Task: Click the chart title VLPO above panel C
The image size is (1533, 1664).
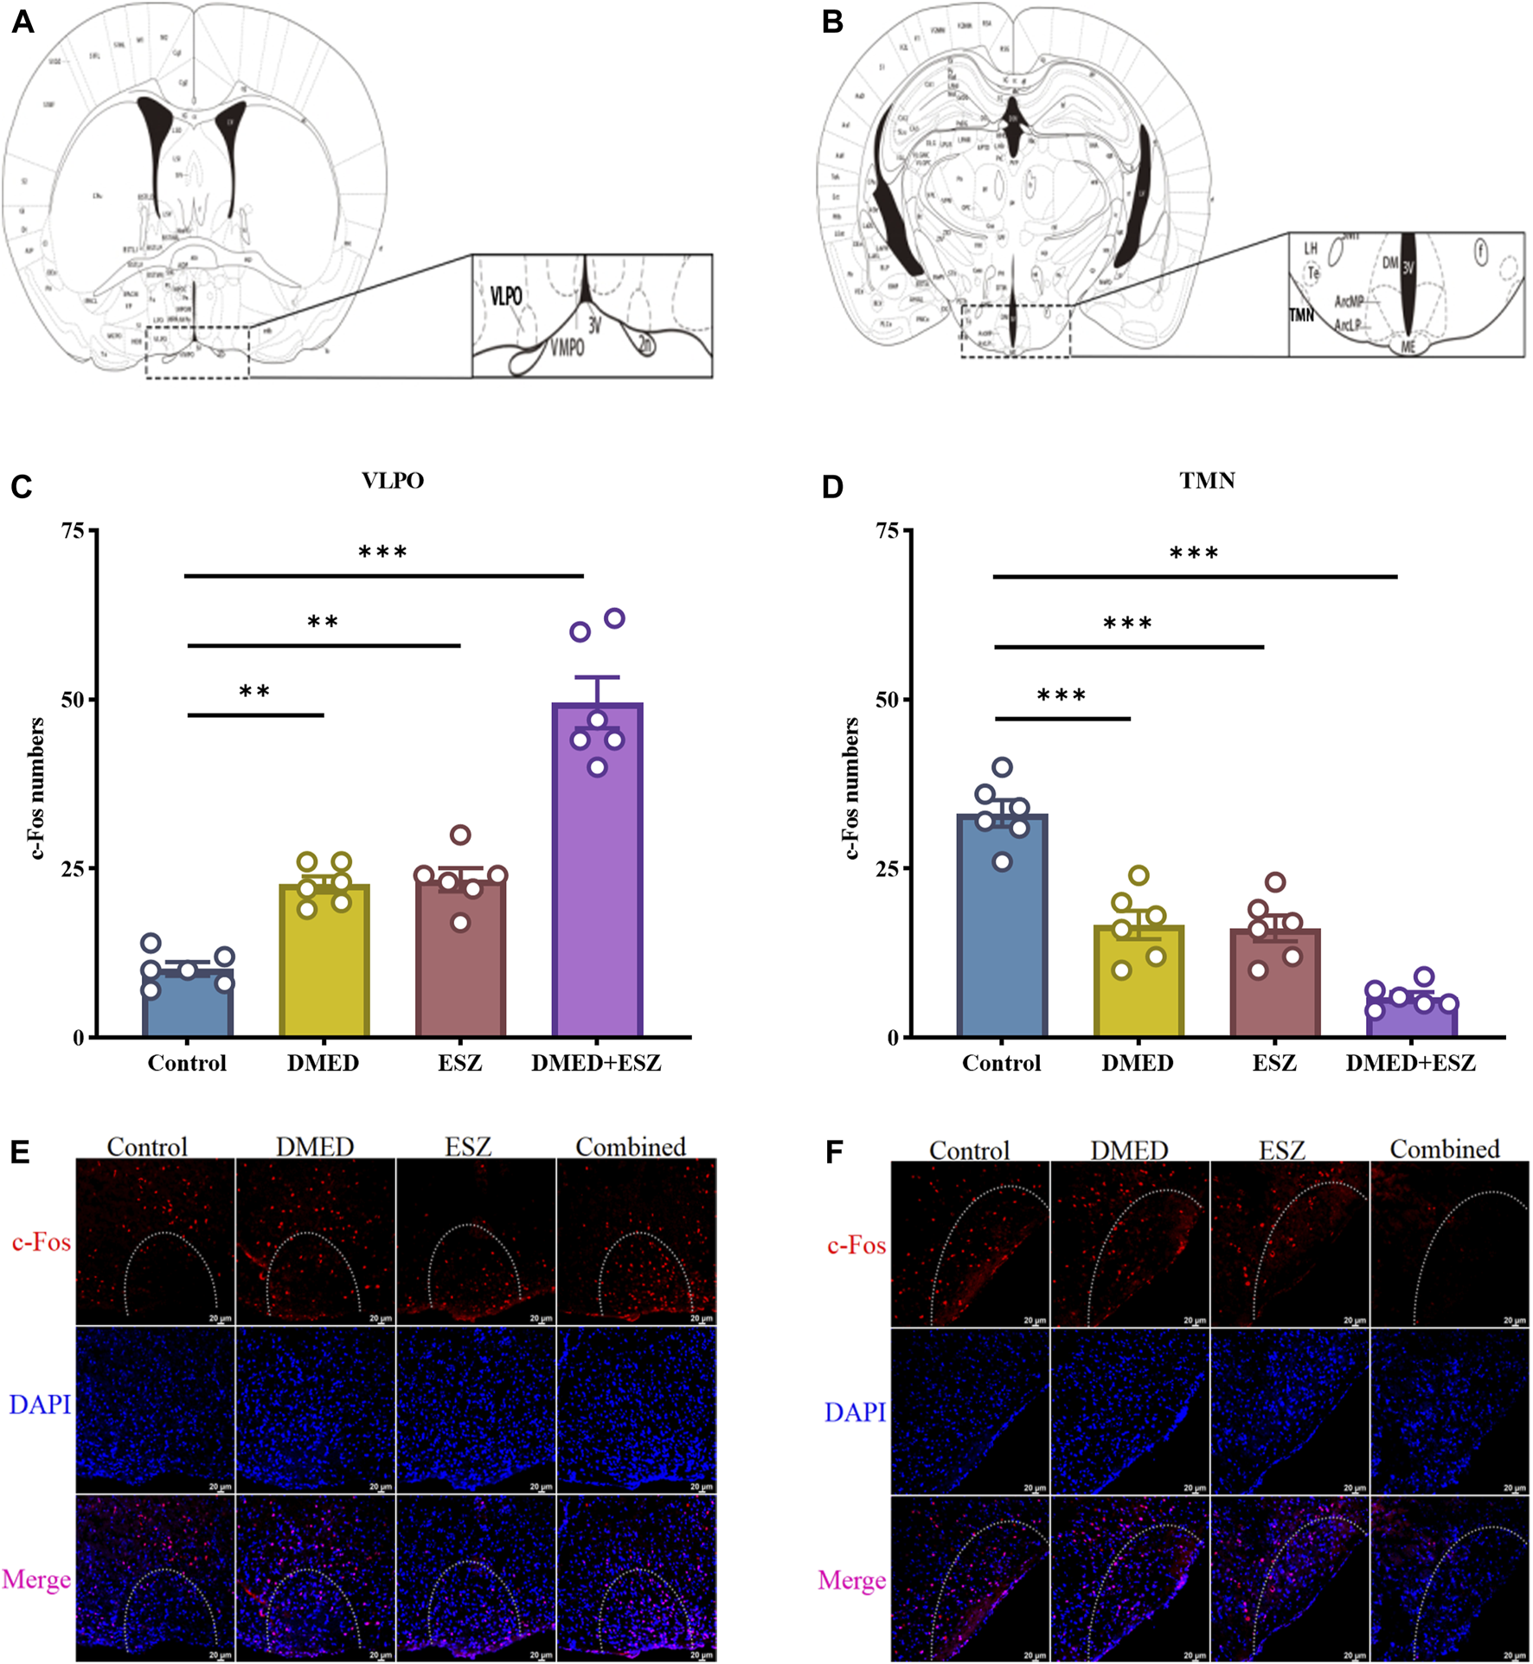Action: coord(393,481)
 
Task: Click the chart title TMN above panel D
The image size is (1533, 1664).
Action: coord(1207,481)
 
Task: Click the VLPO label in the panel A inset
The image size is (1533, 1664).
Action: coord(506,297)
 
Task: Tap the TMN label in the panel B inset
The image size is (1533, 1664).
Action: coord(1301,316)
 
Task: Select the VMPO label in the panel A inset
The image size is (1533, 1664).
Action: coord(567,348)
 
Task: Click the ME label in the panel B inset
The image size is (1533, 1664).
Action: coord(1408,347)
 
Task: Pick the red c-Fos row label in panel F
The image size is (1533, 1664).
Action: coord(856,1245)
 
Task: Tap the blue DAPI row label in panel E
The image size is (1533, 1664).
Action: coord(40,1405)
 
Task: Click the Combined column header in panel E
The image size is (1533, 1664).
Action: coord(631,1147)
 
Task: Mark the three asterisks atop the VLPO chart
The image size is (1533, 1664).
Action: coord(382,553)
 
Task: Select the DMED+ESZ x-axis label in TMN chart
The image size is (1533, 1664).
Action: coord(1410,1063)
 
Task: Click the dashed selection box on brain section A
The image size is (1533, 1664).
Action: coord(197,352)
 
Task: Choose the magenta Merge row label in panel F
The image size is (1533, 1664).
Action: coord(851,1581)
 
